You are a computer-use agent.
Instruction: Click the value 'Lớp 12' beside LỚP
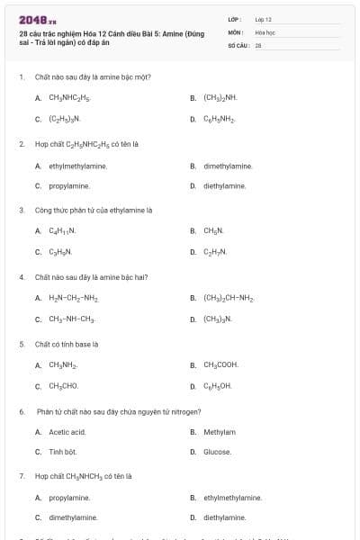tap(264, 19)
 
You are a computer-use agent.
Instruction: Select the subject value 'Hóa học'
tap(264, 31)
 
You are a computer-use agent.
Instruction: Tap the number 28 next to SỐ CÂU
tap(258, 45)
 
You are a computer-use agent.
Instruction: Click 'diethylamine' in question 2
tap(224, 185)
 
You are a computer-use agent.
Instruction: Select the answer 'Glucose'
tap(217, 452)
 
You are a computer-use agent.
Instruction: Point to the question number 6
tap(21, 411)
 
